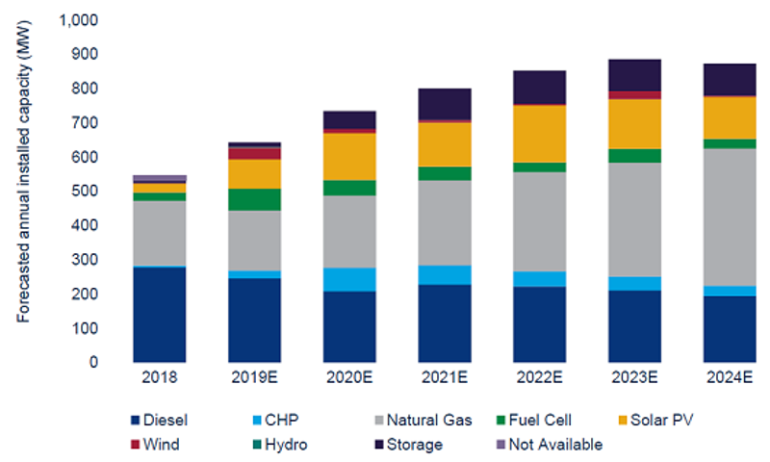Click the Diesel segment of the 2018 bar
(160, 315)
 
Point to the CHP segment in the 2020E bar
(349, 279)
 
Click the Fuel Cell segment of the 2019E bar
(255, 199)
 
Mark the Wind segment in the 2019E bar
(255, 153)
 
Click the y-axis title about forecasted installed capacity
(25, 191)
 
